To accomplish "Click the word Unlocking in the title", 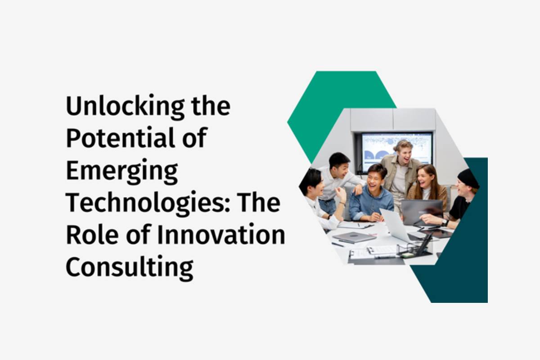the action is (126, 107).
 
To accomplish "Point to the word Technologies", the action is (148, 203).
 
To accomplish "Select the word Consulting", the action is (130, 268).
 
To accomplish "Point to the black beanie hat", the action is (468, 179).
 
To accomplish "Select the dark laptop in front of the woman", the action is (423, 212).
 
